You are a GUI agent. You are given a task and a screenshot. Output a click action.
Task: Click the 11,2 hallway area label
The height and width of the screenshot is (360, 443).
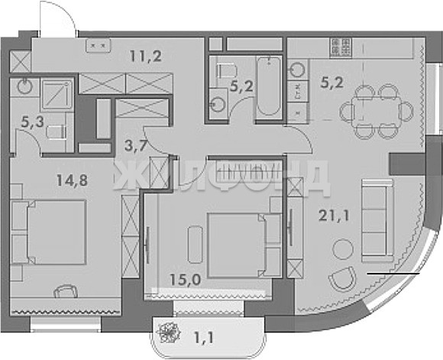point(146,56)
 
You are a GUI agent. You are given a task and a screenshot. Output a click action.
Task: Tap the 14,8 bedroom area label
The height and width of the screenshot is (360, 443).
point(72,180)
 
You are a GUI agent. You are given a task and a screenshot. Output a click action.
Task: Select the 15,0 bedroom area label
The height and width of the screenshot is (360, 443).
point(186,280)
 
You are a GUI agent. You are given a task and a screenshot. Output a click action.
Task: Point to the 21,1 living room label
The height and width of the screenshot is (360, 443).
point(334,216)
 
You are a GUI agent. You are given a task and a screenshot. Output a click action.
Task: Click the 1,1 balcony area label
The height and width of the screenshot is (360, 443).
point(204,337)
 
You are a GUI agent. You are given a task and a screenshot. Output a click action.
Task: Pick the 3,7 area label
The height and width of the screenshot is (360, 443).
point(135,146)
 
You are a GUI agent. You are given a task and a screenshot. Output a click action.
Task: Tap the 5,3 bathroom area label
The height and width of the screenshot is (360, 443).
point(33,122)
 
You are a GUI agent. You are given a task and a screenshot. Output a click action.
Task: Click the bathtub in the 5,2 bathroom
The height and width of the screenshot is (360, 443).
point(269,86)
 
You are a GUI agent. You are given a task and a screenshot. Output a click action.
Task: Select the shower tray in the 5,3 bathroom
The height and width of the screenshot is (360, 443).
point(57,94)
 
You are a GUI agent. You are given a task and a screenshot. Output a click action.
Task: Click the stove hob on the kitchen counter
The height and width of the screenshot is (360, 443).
point(341,47)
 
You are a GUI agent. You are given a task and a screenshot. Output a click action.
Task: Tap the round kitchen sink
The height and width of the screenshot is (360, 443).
point(298,70)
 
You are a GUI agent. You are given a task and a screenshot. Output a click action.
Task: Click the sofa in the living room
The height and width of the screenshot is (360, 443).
point(377,221)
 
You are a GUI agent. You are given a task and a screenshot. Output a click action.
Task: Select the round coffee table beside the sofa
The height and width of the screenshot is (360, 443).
point(343,249)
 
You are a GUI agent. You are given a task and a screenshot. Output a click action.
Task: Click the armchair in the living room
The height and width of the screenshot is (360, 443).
point(343,279)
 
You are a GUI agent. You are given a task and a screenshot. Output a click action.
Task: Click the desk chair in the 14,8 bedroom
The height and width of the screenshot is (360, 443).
point(66,291)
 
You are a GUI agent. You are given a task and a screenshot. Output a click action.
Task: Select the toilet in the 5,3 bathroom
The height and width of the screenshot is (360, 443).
point(57,132)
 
